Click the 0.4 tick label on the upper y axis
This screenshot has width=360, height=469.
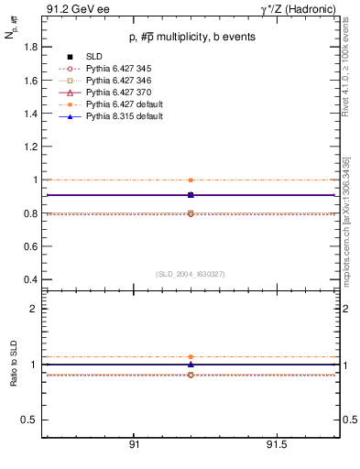click(30, 279)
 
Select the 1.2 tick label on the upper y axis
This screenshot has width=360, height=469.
click(30, 147)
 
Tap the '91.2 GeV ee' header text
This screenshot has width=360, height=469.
click(70, 9)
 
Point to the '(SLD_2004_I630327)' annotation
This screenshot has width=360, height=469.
click(191, 274)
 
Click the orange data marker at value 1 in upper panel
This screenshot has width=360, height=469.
click(191, 180)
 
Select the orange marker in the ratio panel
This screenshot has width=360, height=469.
click(191, 356)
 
